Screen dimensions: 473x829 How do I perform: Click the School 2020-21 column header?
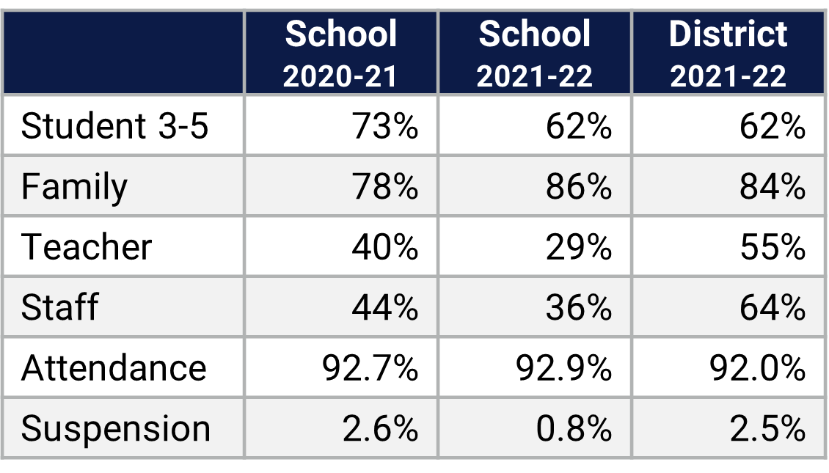(x=341, y=54)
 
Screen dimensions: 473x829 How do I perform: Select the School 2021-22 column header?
(x=534, y=54)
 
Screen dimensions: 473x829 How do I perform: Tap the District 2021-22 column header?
(x=728, y=54)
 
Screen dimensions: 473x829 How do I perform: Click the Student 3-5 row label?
(x=115, y=126)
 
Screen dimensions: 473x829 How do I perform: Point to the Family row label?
(x=74, y=186)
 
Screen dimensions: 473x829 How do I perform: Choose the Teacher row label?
(x=87, y=247)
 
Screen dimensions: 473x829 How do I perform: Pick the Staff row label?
(x=59, y=307)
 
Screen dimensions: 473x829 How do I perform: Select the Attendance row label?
(x=114, y=367)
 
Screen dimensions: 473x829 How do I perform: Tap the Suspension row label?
(x=116, y=428)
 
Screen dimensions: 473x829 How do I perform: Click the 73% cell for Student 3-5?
(x=385, y=126)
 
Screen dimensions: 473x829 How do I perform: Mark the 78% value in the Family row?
(x=385, y=186)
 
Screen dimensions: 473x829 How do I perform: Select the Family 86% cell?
(x=579, y=186)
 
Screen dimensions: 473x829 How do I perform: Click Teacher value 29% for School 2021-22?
(x=579, y=247)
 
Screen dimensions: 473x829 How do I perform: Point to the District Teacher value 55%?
(x=773, y=247)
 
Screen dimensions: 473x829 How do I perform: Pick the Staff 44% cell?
(x=385, y=307)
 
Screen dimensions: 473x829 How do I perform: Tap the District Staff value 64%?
(x=773, y=307)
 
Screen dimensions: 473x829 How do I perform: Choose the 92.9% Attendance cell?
(x=563, y=367)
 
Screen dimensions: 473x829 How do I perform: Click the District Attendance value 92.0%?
(x=757, y=367)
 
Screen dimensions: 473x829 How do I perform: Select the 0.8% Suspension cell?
(x=573, y=428)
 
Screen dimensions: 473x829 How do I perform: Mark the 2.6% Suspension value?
(x=380, y=428)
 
